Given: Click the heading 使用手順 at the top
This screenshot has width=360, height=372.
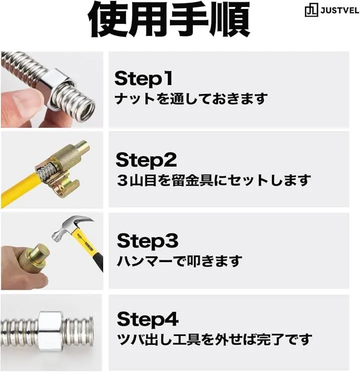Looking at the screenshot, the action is pos(169,19).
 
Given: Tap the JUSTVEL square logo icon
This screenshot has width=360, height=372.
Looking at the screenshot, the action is pos(311,11).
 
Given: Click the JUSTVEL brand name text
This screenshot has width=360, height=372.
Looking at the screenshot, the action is pos(340,11).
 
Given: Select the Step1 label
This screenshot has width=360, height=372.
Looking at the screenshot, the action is pos(143,79).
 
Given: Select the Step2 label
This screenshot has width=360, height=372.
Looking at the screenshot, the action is pos(146,160).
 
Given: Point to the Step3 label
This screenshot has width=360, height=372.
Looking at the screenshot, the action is pos(147,241).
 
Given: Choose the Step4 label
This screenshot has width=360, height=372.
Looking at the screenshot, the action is pos(147,319).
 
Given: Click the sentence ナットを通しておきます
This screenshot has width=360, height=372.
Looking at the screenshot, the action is pos(191,98).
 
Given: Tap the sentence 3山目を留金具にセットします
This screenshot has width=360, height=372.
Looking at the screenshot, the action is pos(213,180).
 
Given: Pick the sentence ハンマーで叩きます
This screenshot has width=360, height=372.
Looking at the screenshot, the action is pos(179,260).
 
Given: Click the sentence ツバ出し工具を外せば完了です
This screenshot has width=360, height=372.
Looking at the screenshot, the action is pos(214,339).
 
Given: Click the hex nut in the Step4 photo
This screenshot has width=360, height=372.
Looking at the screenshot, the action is pos(51,331).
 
